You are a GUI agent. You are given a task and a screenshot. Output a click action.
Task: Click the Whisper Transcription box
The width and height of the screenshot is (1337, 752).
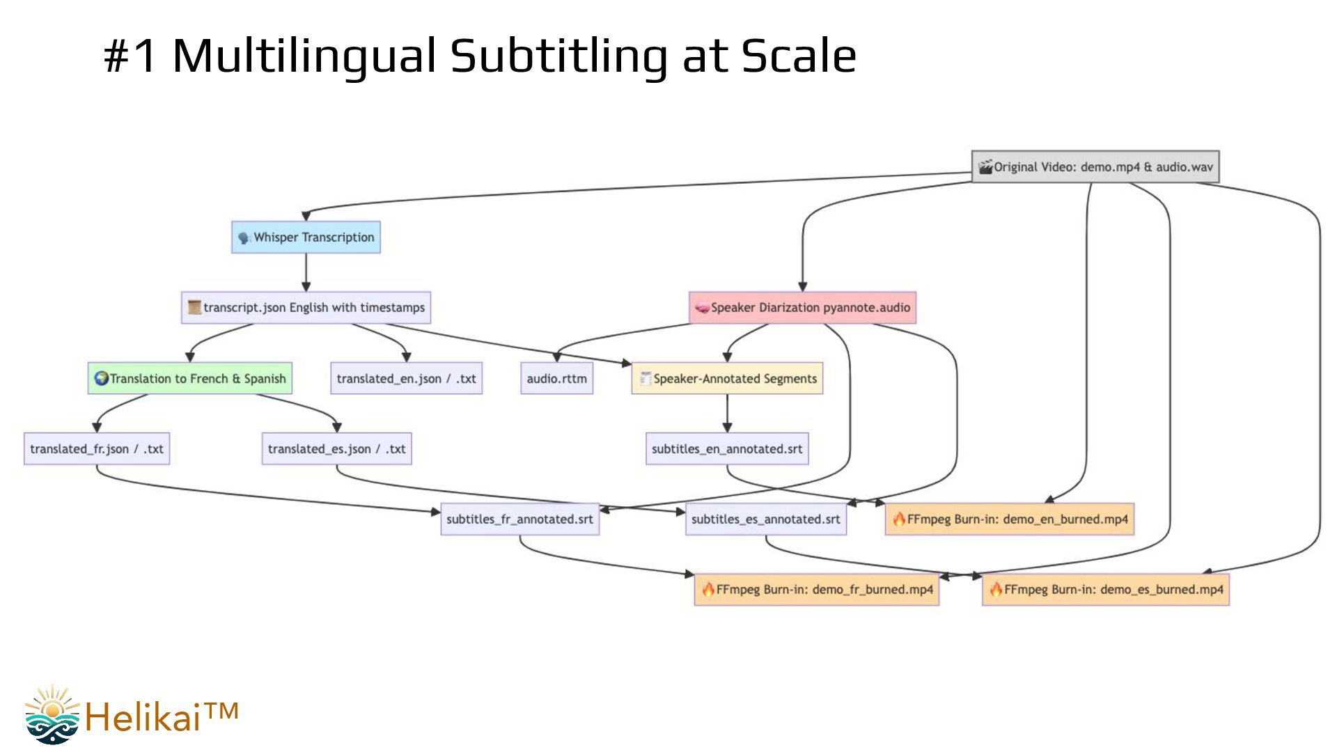pos(306,237)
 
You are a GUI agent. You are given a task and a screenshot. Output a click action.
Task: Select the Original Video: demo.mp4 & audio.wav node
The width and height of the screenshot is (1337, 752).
pos(1095,167)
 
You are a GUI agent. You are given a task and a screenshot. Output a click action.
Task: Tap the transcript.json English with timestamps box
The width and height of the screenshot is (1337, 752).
pos(306,308)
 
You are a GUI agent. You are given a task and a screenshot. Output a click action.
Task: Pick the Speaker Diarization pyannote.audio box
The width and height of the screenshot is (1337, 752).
pos(802,308)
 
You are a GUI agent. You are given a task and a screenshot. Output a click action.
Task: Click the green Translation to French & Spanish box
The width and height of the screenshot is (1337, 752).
pos(189,378)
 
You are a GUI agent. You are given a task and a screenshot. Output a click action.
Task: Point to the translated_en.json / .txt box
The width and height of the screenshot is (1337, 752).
pos(406,378)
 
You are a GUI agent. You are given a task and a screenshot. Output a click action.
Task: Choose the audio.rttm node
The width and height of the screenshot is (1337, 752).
pos(556,378)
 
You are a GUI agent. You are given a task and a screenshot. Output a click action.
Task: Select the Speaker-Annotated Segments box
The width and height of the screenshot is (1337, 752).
pos(727,378)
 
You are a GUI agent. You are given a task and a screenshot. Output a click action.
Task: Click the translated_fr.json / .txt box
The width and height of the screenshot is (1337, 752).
pos(97,449)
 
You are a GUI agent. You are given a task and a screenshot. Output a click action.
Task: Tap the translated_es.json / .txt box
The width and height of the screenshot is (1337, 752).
pos(336,449)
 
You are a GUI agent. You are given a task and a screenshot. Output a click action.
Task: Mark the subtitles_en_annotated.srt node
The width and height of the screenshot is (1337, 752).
pos(727,449)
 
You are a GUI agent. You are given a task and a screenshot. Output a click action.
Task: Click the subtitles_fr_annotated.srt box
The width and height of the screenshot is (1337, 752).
pos(519,519)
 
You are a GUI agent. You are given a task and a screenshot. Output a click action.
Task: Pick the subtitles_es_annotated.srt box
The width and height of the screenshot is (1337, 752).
pos(765,519)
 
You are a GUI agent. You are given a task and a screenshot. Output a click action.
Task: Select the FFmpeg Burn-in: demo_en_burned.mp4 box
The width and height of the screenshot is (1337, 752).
pos(1010,519)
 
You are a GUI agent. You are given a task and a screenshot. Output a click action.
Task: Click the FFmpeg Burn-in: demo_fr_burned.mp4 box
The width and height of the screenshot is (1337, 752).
pos(816,590)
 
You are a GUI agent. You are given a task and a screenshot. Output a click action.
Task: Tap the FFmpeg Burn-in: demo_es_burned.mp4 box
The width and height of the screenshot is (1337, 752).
pos(1105,590)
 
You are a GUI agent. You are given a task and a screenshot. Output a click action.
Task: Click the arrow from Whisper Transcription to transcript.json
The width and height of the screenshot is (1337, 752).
pos(306,272)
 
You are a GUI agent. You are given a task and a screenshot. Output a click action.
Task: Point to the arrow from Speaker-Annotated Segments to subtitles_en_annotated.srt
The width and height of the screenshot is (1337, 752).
pos(727,413)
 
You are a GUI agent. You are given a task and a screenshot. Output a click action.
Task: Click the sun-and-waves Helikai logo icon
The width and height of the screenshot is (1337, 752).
pos(53,714)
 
